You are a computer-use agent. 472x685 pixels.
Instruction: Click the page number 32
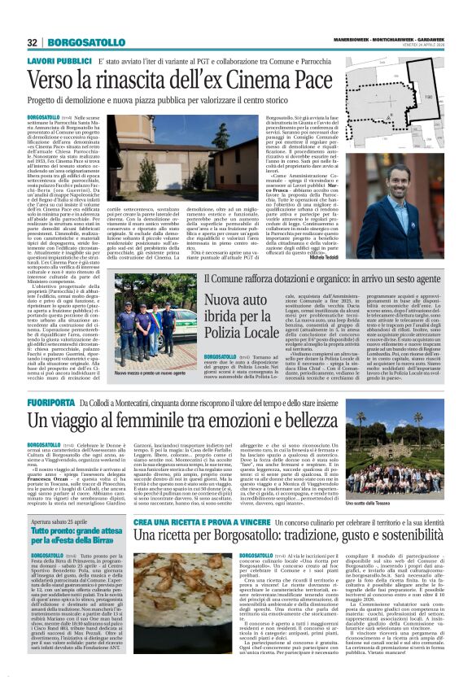(33, 42)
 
